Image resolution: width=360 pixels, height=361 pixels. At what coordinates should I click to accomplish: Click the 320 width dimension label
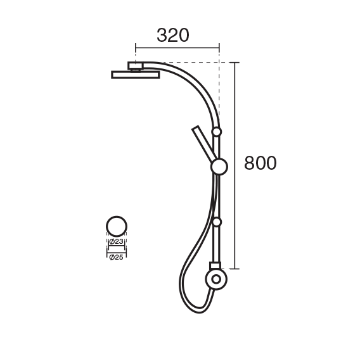point(173,35)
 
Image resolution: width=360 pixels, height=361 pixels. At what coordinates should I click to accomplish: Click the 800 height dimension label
point(260,163)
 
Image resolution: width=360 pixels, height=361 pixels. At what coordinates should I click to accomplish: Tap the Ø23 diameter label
point(117,241)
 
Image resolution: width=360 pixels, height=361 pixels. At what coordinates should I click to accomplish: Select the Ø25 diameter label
point(117,257)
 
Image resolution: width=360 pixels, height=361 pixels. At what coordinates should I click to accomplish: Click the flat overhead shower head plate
point(136,75)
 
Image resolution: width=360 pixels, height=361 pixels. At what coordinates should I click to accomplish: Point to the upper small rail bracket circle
point(216,132)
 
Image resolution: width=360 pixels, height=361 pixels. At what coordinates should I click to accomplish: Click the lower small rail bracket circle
point(217,222)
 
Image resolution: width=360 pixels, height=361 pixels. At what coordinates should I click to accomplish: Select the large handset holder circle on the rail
point(219,167)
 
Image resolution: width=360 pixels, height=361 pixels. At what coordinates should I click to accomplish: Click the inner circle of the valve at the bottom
point(216,279)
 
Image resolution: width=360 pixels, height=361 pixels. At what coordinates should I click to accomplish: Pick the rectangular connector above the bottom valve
point(215,265)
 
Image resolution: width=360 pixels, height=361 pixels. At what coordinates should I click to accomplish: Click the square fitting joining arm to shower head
point(136,66)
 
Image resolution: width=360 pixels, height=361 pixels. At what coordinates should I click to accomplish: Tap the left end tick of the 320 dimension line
point(136,48)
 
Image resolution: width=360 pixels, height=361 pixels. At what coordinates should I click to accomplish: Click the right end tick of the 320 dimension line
point(219,48)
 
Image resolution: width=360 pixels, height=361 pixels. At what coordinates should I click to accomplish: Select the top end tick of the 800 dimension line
point(235,63)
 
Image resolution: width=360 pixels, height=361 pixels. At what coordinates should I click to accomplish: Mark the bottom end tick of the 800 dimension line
point(235,269)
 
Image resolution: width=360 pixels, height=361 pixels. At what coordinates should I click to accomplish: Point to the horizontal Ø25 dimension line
point(117,252)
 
